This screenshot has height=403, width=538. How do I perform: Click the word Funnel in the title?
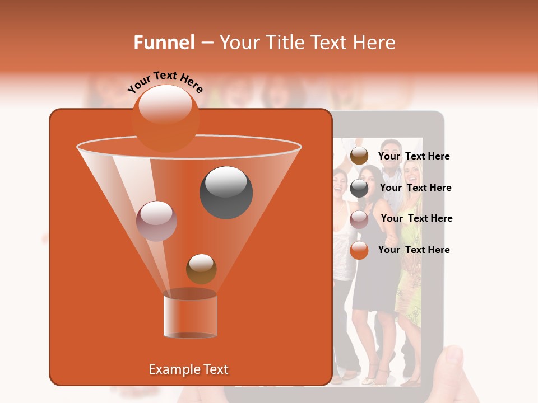click(x=164, y=43)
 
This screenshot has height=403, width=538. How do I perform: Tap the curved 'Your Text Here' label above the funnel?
click(x=165, y=82)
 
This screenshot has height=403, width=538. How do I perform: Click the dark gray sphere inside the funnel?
click(x=226, y=192)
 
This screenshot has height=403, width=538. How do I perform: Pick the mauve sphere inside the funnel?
click(x=156, y=221)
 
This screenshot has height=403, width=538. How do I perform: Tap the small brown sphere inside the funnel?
click(x=201, y=269)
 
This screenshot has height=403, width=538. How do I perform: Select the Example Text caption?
click(x=189, y=369)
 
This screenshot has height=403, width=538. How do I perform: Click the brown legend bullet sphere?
click(x=359, y=156)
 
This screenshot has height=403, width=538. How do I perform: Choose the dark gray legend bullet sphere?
click(x=359, y=188)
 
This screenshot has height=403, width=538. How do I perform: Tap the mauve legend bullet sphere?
click(x=359, y=219)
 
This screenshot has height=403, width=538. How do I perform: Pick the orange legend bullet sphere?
click(x=359, y=250)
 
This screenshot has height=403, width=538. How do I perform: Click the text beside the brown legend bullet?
click(x=414, y=157)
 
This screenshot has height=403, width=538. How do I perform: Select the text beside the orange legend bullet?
click(x=414, y=250)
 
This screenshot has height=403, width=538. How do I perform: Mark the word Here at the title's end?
click(x=375, y=43)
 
